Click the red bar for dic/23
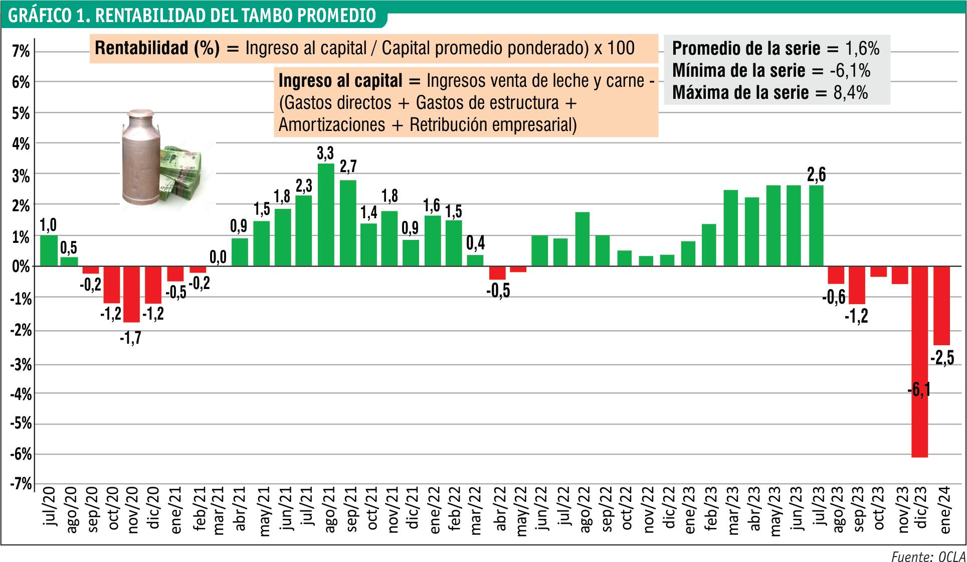pos(919,362)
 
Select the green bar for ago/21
pos(326,215)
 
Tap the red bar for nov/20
pos(132,294)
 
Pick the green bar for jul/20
pos(49,250)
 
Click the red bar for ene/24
pos(941,306)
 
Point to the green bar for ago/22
pos(583,239)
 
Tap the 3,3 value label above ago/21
pos(326,153)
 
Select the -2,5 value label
pos(942,358)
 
